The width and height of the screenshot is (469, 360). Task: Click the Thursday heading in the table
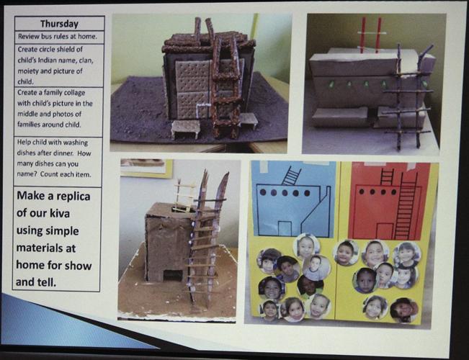point(59,24)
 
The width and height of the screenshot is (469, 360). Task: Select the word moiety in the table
point(30,71)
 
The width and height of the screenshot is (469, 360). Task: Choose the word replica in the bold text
point(72,197)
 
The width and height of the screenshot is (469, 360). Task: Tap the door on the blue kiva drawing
point(285,228)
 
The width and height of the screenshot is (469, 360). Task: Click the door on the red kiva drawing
point(384,230)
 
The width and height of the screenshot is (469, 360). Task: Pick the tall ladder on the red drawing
point(406,205)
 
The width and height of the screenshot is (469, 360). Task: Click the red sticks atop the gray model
point(370,35)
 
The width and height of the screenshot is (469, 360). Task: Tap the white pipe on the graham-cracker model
point(201,110)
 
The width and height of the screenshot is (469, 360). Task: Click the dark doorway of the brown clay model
point(173,275)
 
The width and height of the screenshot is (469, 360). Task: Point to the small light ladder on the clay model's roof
point(184,195)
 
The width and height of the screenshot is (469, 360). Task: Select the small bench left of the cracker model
point(185,129)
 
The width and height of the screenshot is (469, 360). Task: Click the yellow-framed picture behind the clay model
point(146,168)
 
